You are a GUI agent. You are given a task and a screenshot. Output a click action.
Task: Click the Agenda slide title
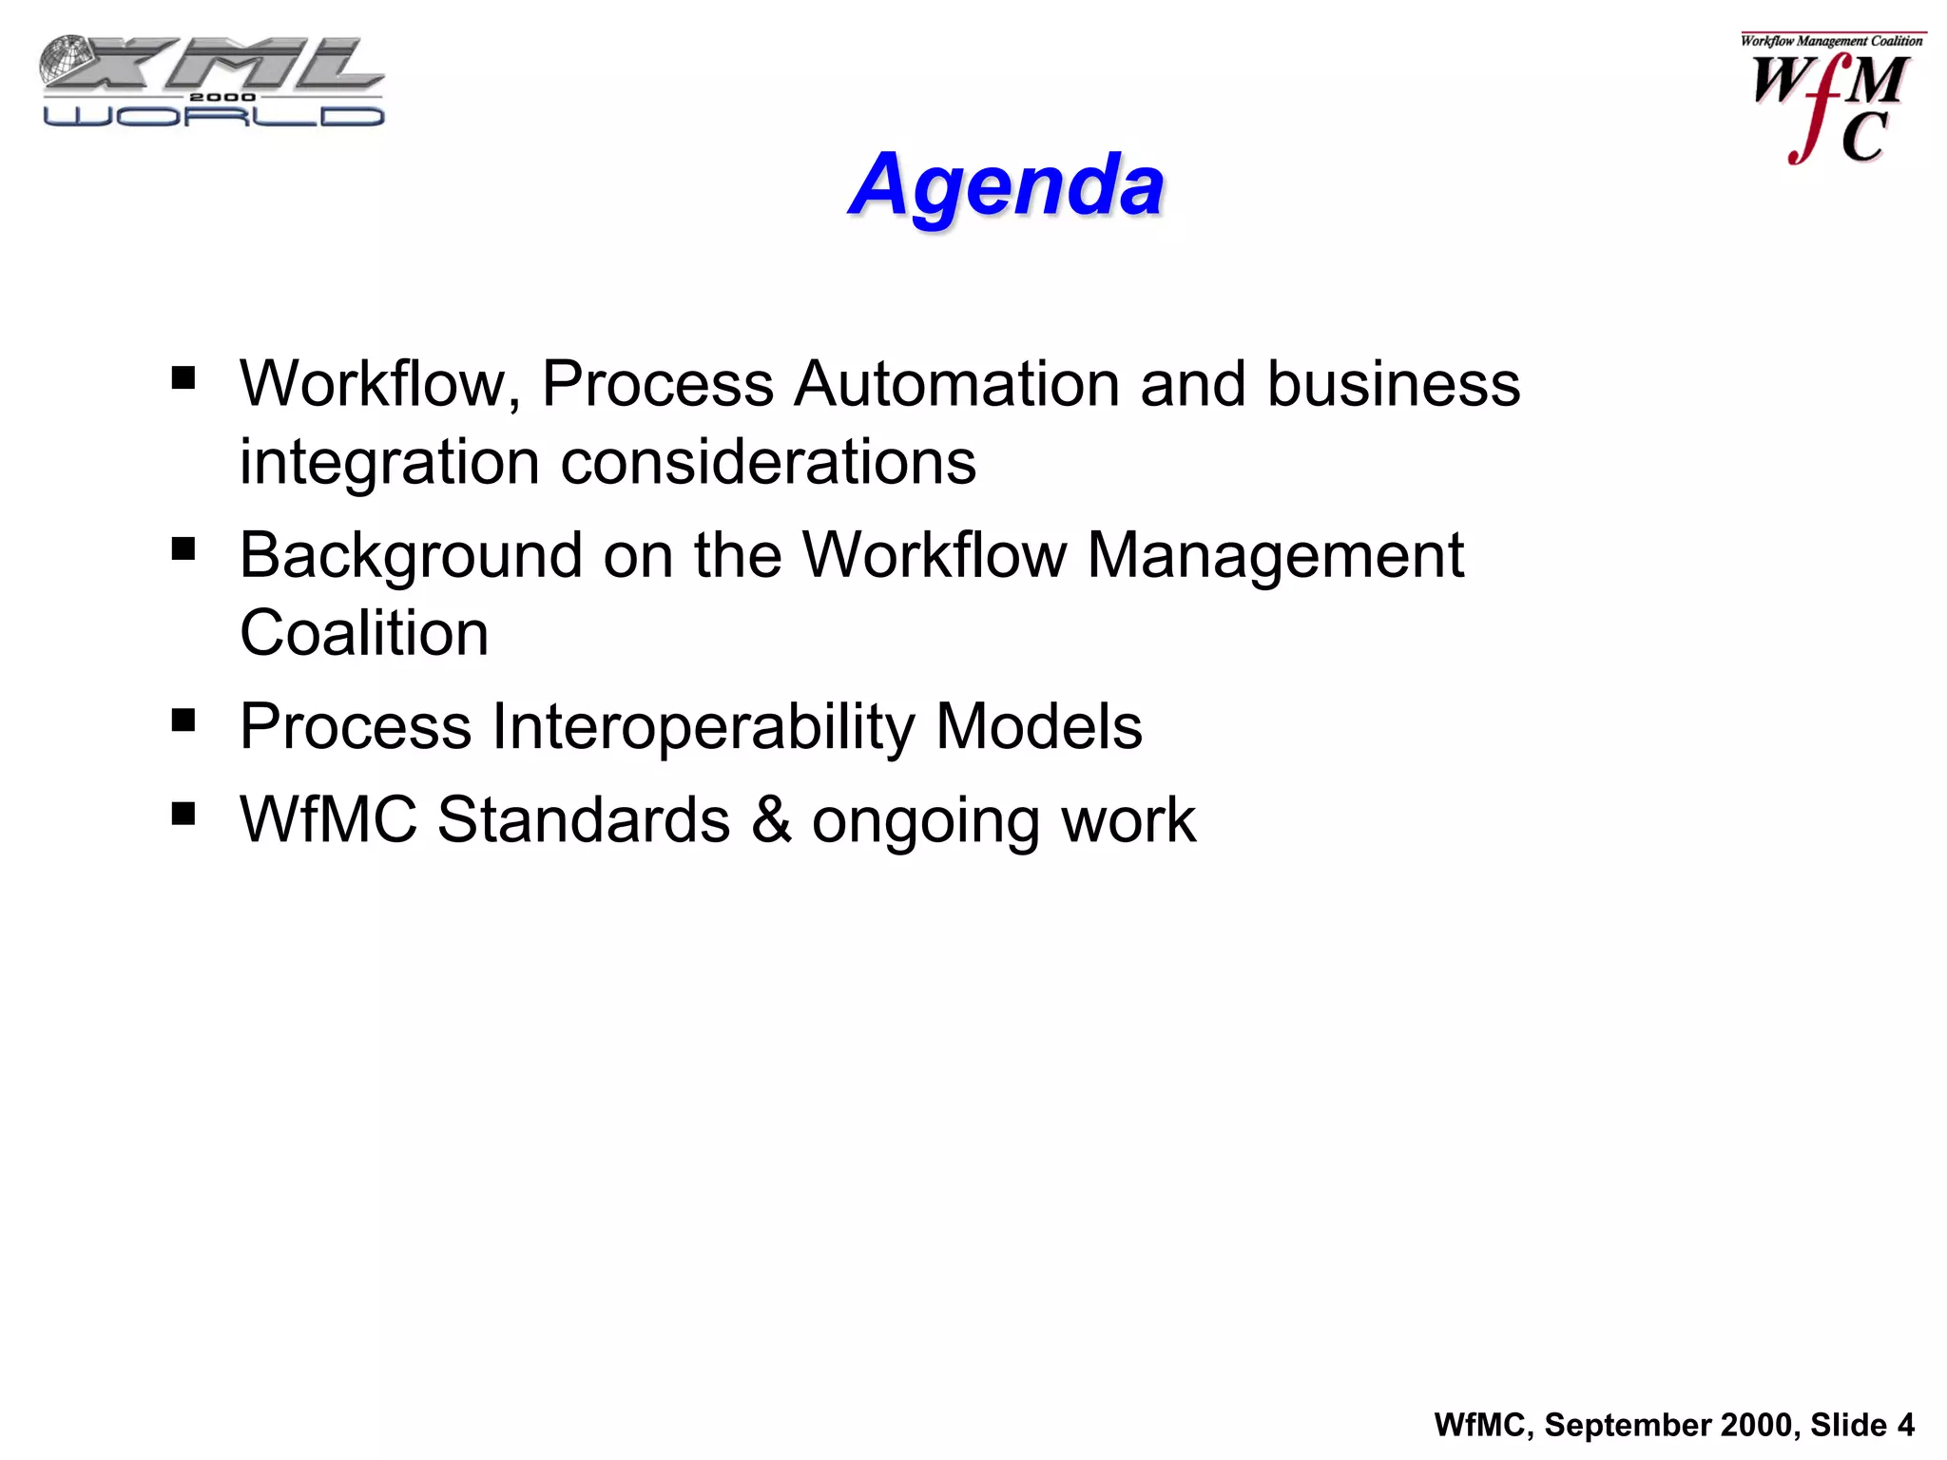(x=1006, y=184)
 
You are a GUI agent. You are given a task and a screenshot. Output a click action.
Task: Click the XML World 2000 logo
(x=212, y=82)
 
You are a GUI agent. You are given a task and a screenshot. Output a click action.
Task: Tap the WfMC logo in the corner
(x=1830, y=100)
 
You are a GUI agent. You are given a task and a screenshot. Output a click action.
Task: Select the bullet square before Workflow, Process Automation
(x=183, y=379)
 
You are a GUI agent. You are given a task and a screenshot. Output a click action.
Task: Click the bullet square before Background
(x=183, y=549)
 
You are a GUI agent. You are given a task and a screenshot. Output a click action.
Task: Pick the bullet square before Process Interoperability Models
(x=183, y=720)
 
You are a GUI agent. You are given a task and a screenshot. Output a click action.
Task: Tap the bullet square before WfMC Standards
(x=183, y=814)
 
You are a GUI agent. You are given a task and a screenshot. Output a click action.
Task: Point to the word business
(x=1393, y=384)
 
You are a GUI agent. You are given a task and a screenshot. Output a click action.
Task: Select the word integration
(x=389, y=463)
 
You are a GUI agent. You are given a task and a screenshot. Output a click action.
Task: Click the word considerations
(x=768, y=463)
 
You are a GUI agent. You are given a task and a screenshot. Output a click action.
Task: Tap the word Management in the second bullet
(x=1274, y=555)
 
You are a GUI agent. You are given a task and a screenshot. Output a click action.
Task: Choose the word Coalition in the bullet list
(x=364, y=634)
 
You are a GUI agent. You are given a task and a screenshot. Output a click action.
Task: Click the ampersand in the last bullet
(x=771, y=819)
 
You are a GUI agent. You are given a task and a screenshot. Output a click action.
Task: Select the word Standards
(x=583, y=819)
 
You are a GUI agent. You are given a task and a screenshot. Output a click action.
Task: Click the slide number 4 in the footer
(x=1905, y=1425)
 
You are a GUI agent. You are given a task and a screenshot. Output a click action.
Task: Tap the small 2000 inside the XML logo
(x=222, y=97)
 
